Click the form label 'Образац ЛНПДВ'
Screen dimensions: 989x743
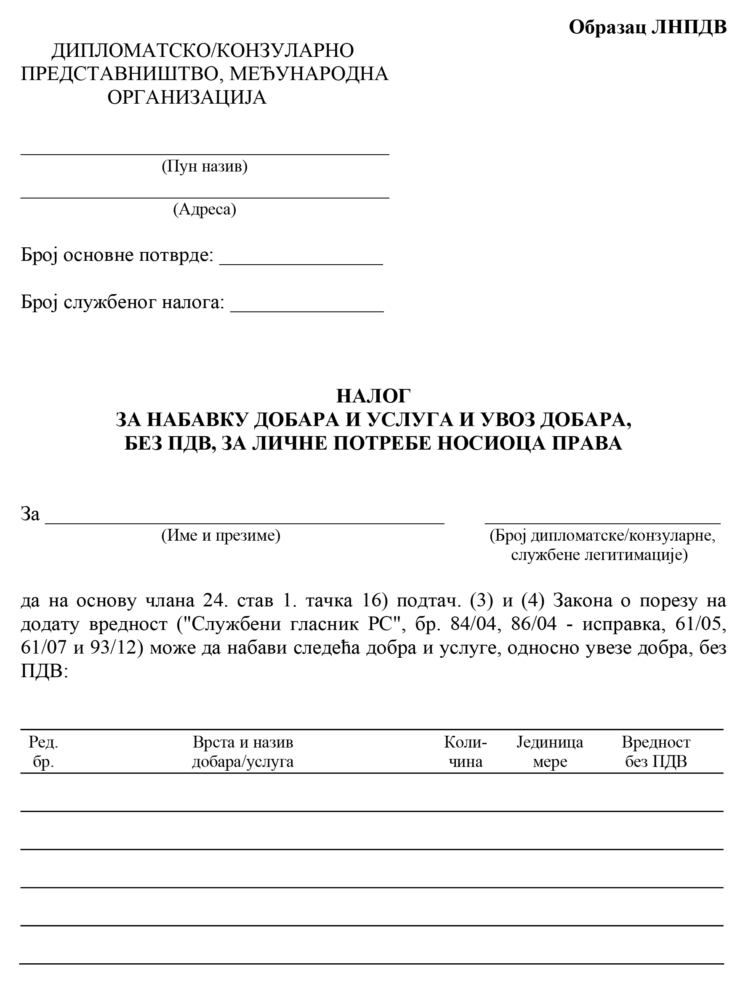(x=647, y=27)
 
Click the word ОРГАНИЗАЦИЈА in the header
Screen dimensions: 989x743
(x=187, y=97)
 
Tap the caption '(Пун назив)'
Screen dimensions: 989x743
(x=204, y=166)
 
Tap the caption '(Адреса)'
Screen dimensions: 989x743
(x=204, y=209)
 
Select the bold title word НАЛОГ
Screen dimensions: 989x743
(x=373, y=396)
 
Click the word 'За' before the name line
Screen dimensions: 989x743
(x=30, y=514)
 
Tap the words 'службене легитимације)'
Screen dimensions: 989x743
(x=599, y=555)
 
